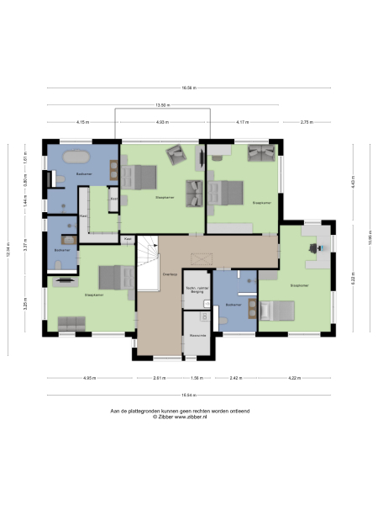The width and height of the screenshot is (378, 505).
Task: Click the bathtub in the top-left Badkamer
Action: pyautogui.click(x=76, y=157)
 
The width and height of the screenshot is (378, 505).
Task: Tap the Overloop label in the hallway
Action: pyautogui.click(x=169, y=274)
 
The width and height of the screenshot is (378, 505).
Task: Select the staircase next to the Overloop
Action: pyautogui.click(x=149, y=262)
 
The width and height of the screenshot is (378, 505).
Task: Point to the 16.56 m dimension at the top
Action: pyautogui.click(x=188, y=87)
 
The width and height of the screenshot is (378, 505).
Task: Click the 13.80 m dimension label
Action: pyautogui.click(x=162, y=105)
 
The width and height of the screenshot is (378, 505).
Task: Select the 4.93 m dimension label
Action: pyautogui.click(x=162, y=123)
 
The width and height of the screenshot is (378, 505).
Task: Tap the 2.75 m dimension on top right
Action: pyautogui.click(x=306, y=123)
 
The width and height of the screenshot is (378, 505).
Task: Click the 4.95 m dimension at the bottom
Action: pyautogui.click(x=88, y=378)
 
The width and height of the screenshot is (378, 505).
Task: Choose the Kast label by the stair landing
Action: pyautogui.click(x=128, y=239)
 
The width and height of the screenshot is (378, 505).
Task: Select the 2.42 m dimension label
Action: pyautogui.click(x=235, y=378)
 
